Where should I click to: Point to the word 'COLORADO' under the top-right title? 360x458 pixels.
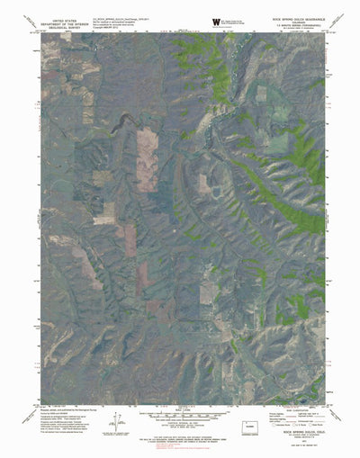(x=310, y=18)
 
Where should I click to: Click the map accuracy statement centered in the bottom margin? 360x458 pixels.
(x=180, y=436)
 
